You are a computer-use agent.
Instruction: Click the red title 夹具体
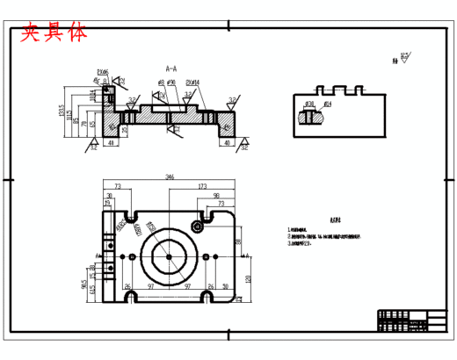(x=54, y=32)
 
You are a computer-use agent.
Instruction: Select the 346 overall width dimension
(x=170, y=177)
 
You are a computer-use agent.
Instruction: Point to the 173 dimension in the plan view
(x=201, y=187)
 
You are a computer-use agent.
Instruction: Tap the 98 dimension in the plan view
(x=216, y=196)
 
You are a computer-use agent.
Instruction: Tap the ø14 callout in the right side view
(x=327, y=104)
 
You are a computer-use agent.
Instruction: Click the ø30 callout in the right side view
(x=309, y=104)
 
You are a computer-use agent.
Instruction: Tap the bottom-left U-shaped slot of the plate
(x=130, y=297)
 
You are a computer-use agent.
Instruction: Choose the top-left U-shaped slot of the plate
(x=130, y=215)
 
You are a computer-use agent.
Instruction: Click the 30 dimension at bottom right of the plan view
(x=225, y=287)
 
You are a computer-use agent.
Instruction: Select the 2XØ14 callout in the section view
(x=192, y=83)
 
